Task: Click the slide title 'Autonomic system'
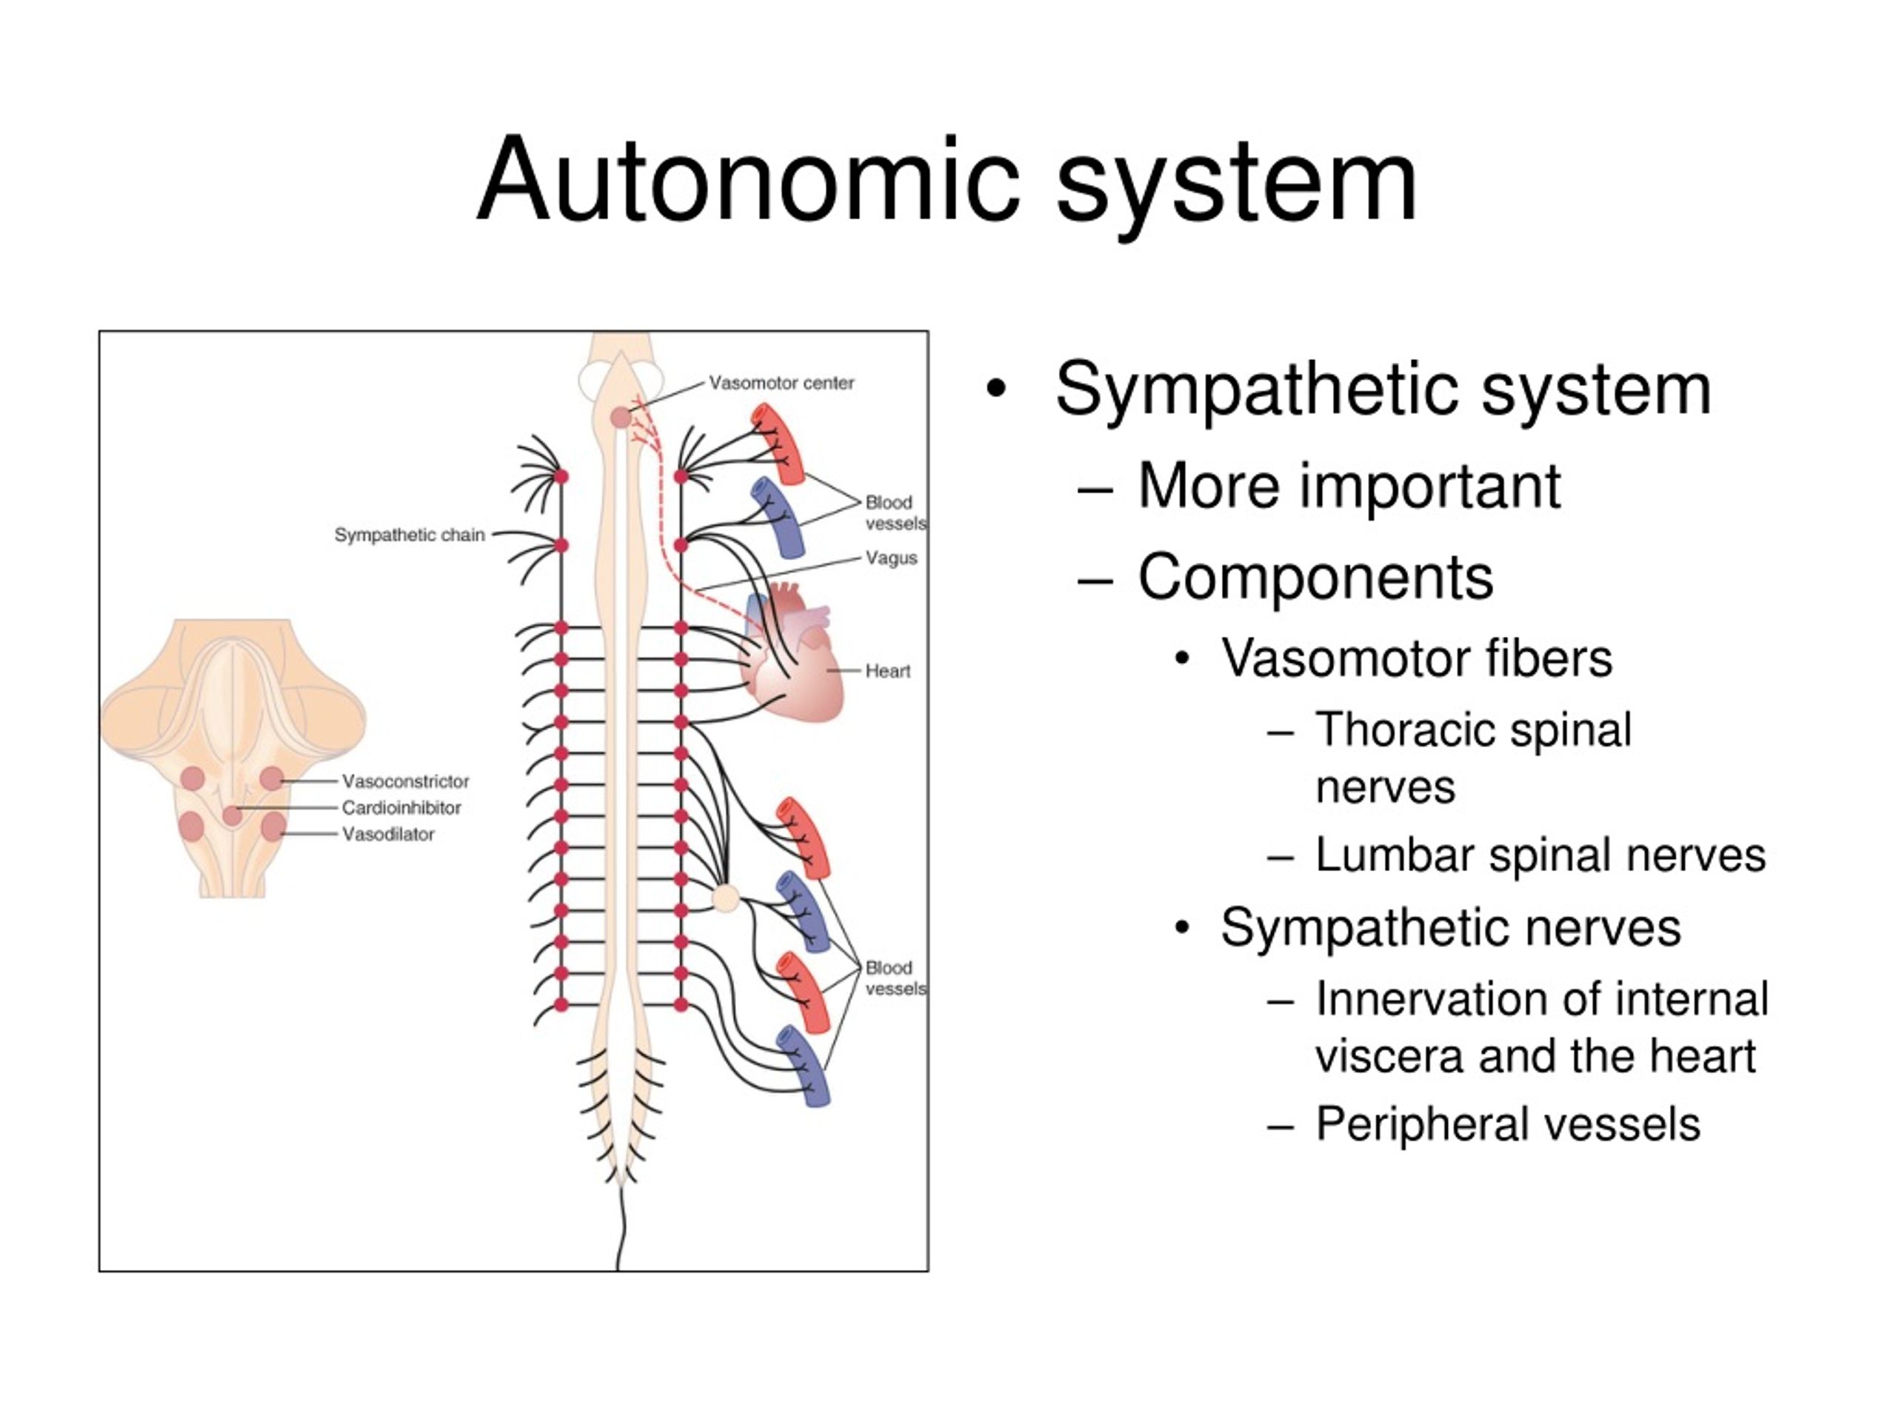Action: (947, 181)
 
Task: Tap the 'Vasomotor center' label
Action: (781, 383)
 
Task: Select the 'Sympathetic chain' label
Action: (410, 535)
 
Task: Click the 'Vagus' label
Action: (892, 558)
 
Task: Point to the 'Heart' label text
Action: (887, 671)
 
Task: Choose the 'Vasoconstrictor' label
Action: (405, 781)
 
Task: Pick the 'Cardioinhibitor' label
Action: (401, 807)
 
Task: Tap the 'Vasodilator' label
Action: (388, 834)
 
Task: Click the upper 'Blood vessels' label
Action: (895, 513)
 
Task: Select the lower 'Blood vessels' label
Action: (895, 978)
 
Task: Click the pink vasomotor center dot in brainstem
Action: (621, 418)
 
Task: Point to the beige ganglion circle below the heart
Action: (726, 898)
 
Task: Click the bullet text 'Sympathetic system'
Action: (1383, 390)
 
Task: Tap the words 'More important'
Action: (1349, 486)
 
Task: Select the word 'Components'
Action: (1315, 577)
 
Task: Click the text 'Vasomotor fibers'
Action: (1417, 658)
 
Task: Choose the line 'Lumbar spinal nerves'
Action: (1540, 855)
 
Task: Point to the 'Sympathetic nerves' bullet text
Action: (1451, 927)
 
